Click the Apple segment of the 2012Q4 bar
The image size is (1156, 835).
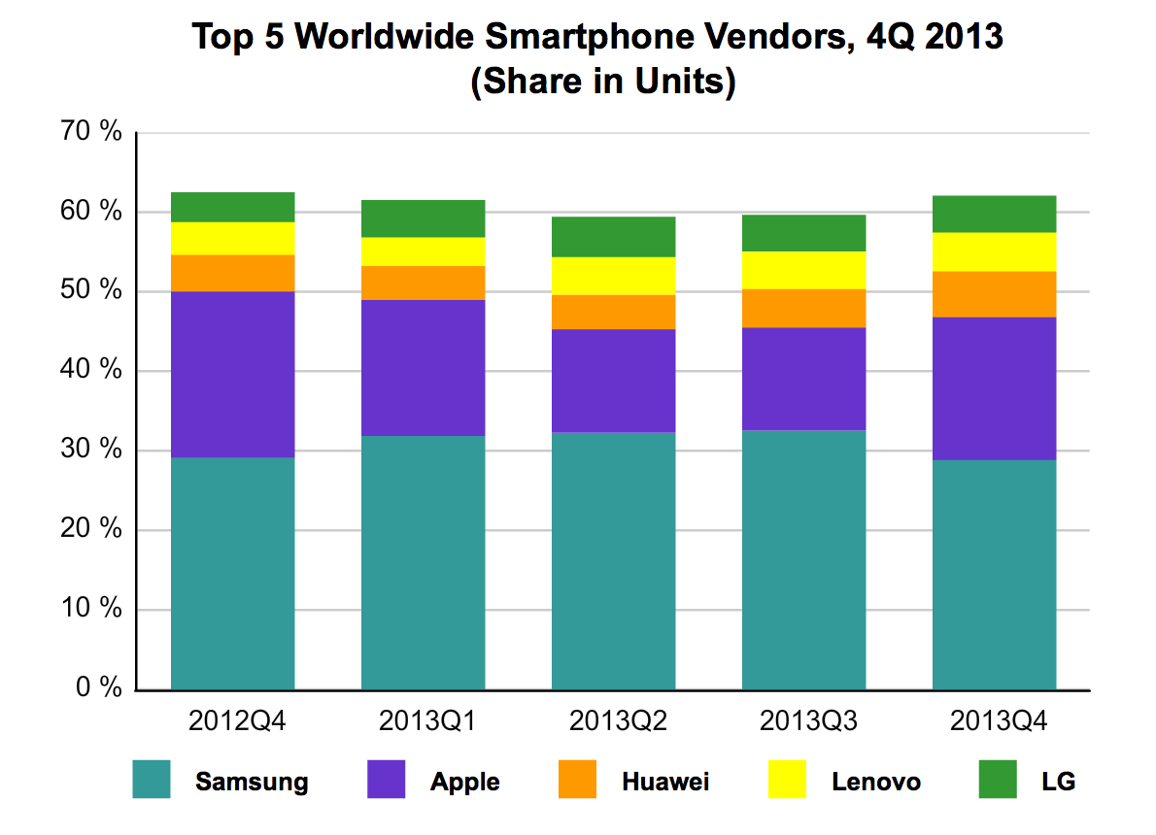[x=232, y=374]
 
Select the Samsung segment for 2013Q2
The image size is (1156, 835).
[x=613, y=560]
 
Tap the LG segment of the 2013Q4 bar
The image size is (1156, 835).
[x=994, y=214]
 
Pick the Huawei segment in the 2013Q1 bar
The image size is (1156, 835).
[x=423, y=283]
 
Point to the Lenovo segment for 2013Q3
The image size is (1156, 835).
[x=803, y=270]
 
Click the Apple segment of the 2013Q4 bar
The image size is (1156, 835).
[x=994, y=388]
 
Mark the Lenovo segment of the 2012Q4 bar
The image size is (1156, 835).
[x=232, y=238]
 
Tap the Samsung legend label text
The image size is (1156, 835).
[x=252, y=782]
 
